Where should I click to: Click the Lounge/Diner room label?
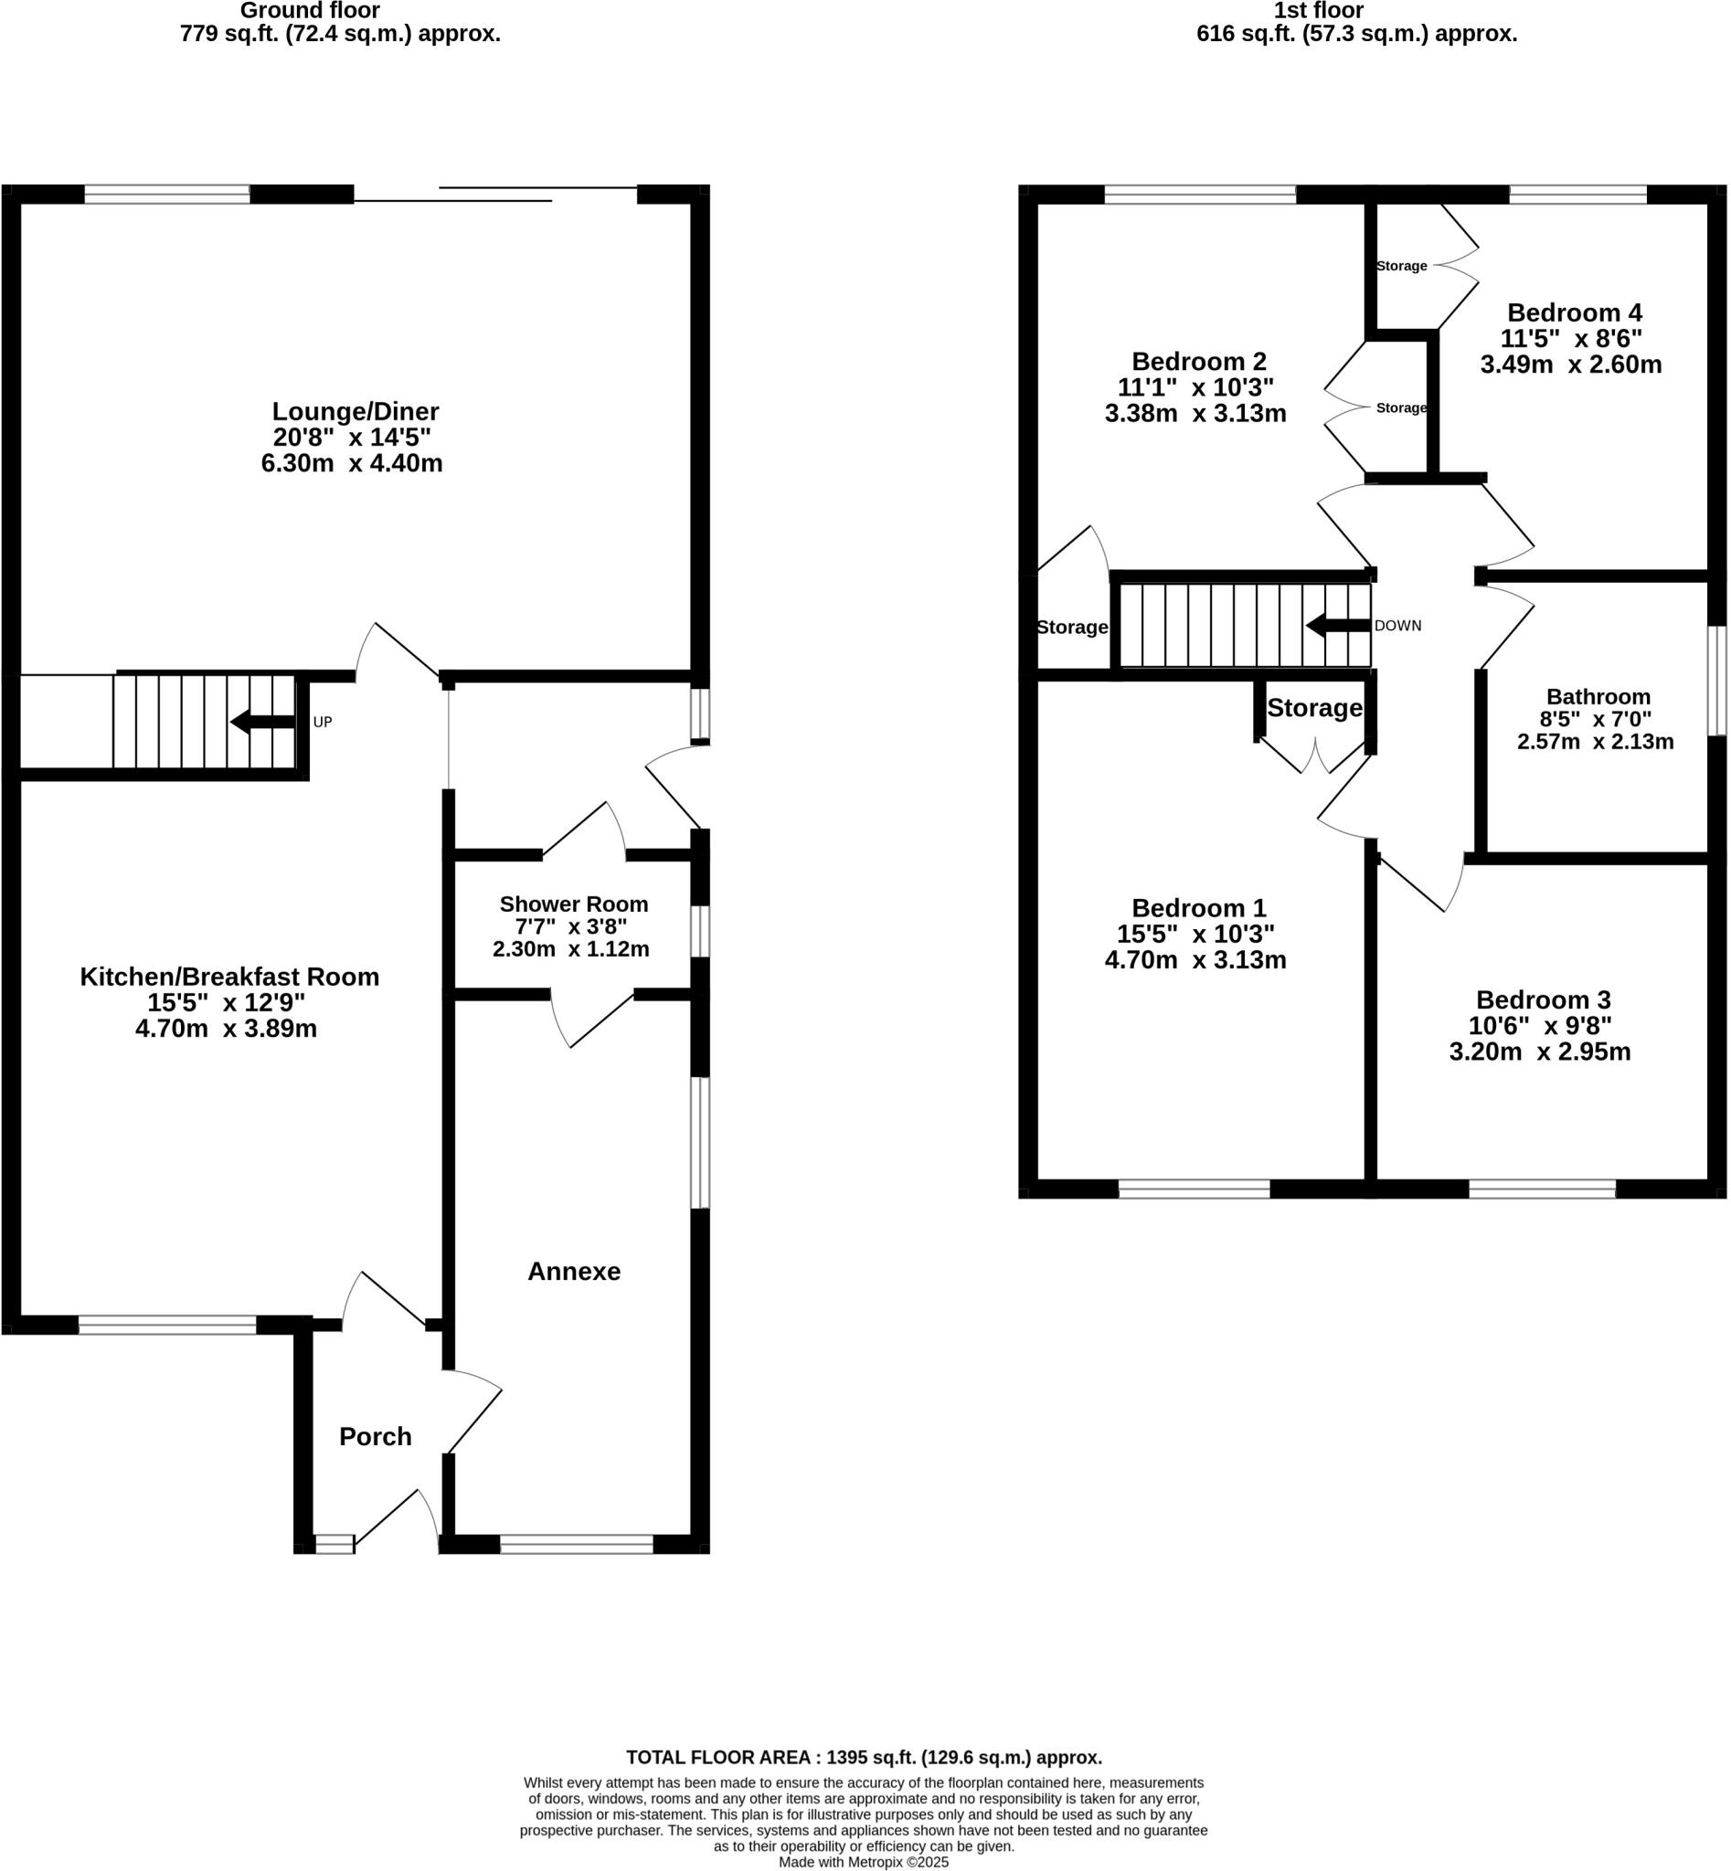tap(355, 411)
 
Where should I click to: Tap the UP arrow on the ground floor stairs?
tap(264, 721)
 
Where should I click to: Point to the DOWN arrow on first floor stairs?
tap(1338, 626)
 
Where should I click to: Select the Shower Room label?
tap(573, 904)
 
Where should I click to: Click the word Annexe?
tap(573, 1271)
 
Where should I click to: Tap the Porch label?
tap(375, 1435)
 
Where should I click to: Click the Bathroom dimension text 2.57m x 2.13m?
tap(1595, 742)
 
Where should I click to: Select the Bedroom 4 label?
tap(1574, 312)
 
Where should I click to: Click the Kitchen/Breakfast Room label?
tap(229, 977)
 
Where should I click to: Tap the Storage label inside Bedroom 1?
tap(1314, 708)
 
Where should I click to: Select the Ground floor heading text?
tap(310, 11)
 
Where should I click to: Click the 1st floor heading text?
tap(1318, 11)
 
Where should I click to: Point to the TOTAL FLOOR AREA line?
tap(864, 1757)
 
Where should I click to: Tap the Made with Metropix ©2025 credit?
tap(864, 1862)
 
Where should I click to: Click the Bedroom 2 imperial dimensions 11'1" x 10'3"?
tap(1195, 386)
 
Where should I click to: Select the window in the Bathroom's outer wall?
tap(1716, 680)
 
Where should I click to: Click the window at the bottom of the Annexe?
tap(576, 1544)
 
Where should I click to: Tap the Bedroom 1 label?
tap(1198, 907)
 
